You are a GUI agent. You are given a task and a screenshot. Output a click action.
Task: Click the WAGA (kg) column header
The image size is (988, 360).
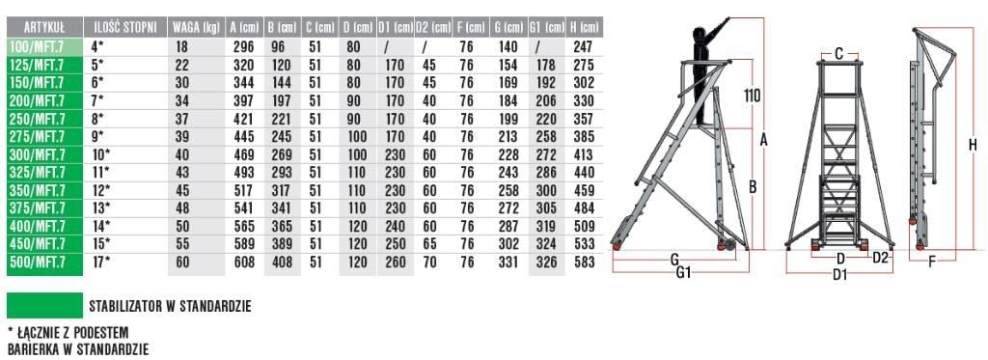tap(196, 27)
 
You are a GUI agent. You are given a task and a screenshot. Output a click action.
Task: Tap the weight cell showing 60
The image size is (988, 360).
tap(182, 262)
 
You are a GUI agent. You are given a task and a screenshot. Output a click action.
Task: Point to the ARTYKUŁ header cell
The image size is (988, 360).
tap(44, 27)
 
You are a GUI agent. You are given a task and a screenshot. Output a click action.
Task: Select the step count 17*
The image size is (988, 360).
tap(100, 262)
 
